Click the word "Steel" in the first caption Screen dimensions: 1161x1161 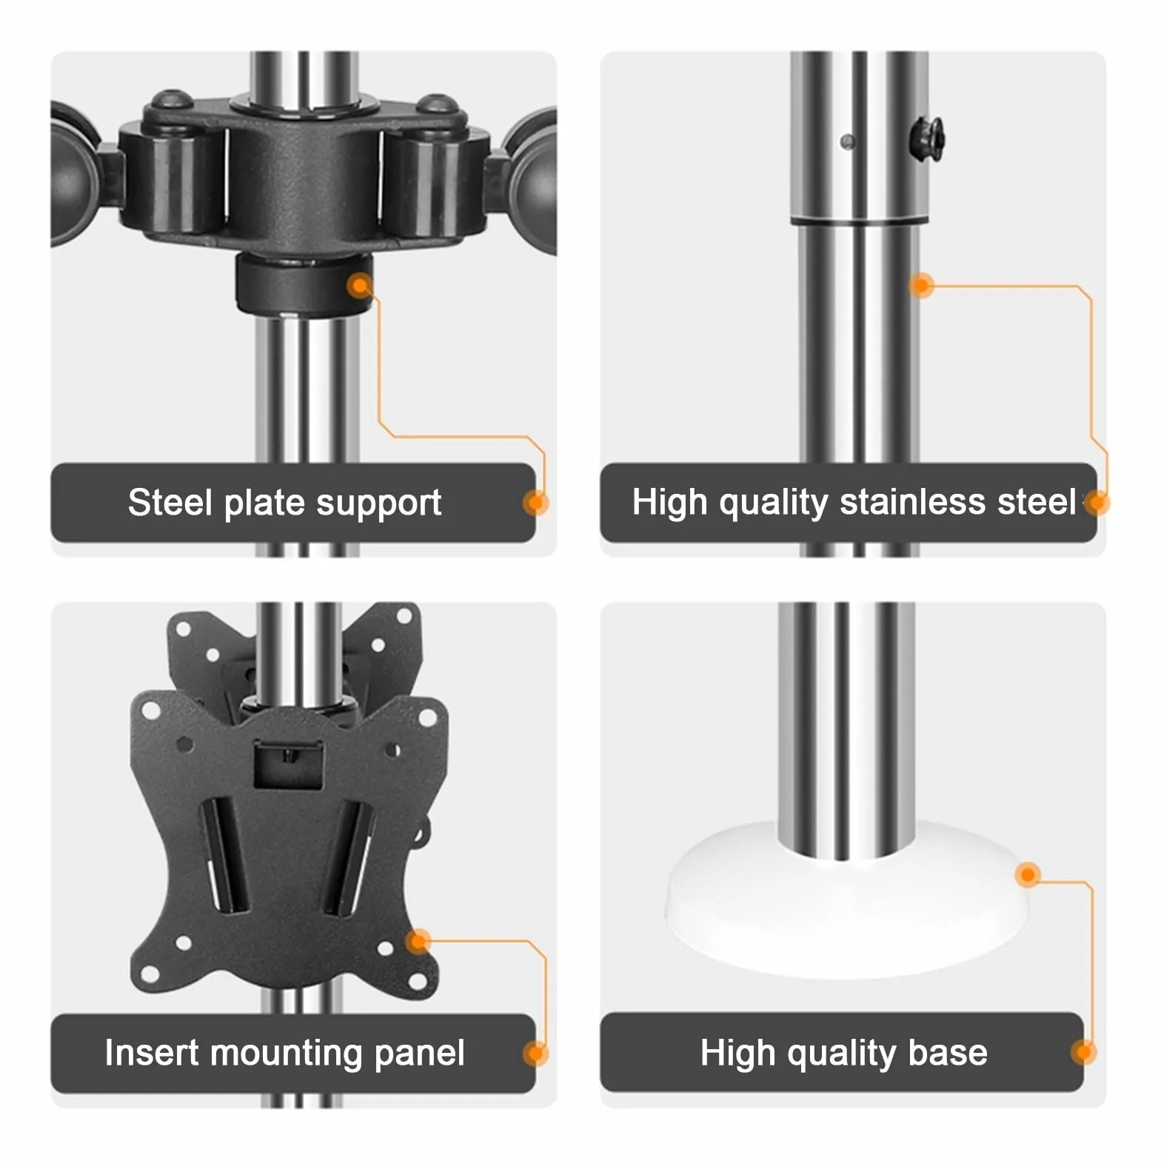[170, 503]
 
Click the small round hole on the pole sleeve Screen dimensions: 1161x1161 [848, 141]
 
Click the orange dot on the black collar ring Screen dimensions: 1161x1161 [361, 286]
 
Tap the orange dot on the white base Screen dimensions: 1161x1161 [1028, 875]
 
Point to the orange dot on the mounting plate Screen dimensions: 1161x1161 [418, 941]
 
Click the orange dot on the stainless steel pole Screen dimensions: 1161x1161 [922, 286]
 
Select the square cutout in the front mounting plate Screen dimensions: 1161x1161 [289, 765]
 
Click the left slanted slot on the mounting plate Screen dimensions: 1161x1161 [224, 856]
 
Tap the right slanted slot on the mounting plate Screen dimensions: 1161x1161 [349, 858]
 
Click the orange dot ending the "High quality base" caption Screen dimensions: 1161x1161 [1084, 1052]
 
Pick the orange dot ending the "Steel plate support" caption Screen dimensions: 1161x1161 [535, 503]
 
